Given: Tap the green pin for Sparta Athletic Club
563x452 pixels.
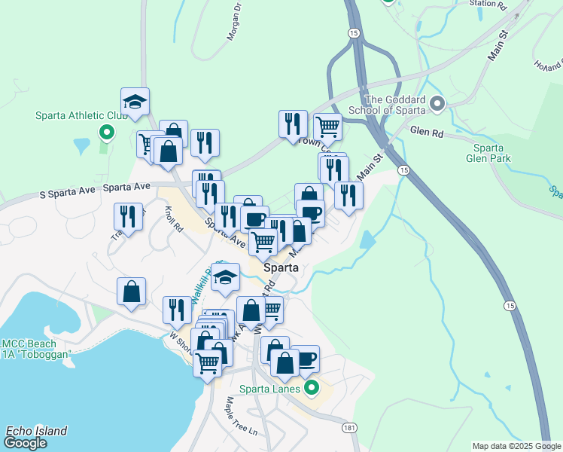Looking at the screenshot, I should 107,133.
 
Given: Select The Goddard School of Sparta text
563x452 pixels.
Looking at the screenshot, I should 395,104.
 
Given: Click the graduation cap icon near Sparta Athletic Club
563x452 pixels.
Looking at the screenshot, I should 135,102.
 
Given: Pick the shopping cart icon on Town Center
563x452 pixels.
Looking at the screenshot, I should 327,127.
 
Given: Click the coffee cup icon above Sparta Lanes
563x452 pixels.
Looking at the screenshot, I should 304,359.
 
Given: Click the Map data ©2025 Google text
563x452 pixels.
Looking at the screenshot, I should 516,446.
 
